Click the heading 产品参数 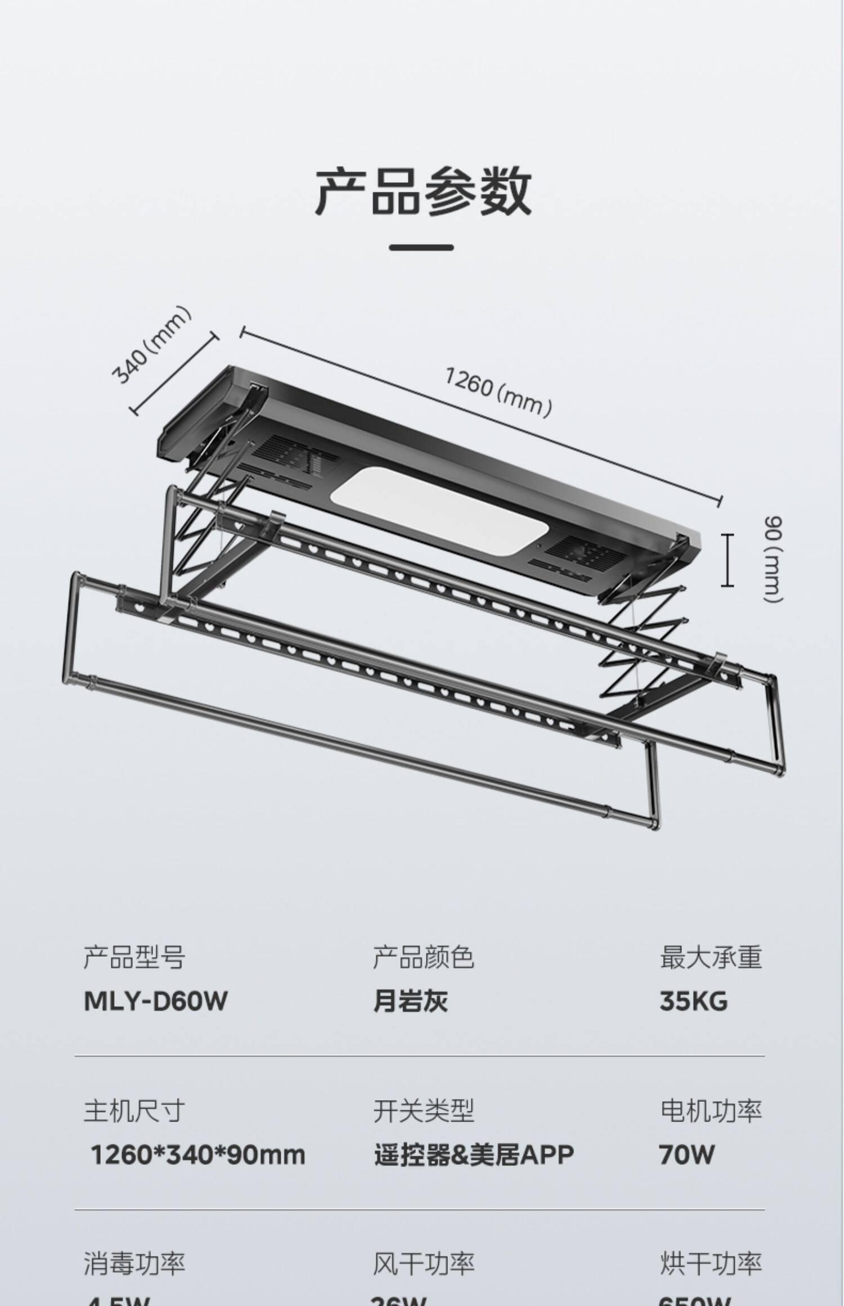tap(423, 191)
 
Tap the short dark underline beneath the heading tap(421, 247)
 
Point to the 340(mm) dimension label tap(151, 345)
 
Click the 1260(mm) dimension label tap(498, 391)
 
